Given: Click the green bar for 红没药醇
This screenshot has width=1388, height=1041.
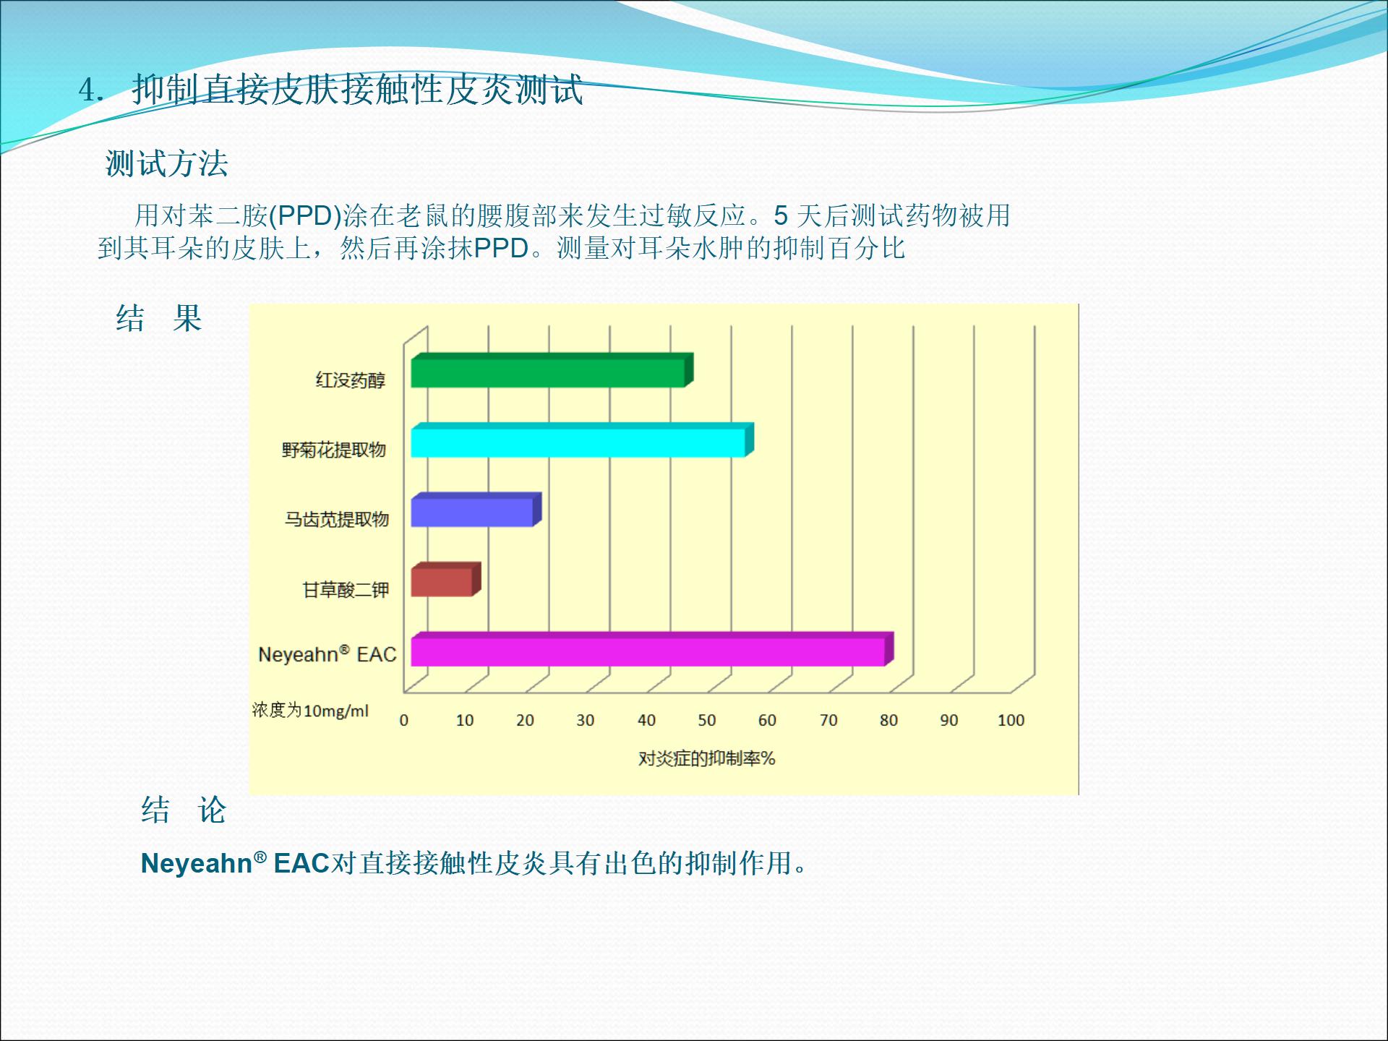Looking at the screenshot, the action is pyautogui.click(x=552, y=370).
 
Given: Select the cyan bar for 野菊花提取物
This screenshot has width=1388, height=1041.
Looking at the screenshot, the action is pyautogui.click(x=582, y=440).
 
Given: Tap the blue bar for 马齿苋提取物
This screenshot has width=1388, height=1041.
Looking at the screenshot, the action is pyautogui.click(x=476, y=510).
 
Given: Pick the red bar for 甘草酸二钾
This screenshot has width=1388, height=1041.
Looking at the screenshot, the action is pyautogui.click(x=445, y=579).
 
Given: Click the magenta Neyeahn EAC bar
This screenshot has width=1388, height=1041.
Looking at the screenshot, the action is pyautogui.click(x=652, y=649).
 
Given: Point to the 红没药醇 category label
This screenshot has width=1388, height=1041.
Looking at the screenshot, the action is pyautogui.click(x=351, y=380).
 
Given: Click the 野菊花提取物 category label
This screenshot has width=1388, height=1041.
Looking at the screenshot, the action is pyautogui.click(x=334, y=450).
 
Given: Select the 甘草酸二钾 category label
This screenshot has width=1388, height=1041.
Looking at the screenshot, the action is pyautogui.click(x=346, y=591).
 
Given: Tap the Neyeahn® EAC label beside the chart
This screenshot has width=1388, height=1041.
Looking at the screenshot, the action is pyautogui.click(x=327, y=654).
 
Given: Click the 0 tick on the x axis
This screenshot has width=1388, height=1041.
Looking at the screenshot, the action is pyautogui.click(x=404, y=720).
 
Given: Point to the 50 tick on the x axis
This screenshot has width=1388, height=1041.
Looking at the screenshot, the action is pyautogui.click(x=707, y=720).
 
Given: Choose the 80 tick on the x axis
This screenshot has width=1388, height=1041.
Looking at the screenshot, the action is pyautogui.click(x=888, y=720).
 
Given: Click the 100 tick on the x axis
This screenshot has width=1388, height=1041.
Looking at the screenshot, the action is pyautogui.click(x=1011, y=720).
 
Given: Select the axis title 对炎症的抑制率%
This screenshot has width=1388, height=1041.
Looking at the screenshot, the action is pyautogui.click(x=706, y=758).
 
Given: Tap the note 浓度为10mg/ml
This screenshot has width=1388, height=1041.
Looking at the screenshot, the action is pyautogui.click(x=310, y=711).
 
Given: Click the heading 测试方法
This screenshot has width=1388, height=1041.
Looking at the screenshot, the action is pyautogui.click(x=167, y=163).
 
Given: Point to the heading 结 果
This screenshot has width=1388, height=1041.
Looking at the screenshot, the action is pyautogui.click(x=158, y=318).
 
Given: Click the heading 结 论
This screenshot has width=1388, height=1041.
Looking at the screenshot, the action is pyautogui.click(x=184, y=810).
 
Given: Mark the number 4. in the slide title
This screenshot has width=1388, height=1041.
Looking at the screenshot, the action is pyautogui.click(x=92, y=90).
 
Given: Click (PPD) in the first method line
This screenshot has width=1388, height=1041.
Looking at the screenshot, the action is pyautogui.click(x=305, y=215).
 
